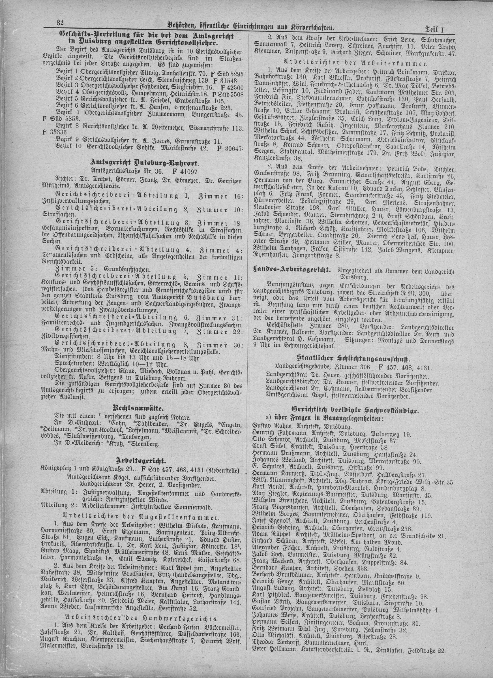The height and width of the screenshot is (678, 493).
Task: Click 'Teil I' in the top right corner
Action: tap(438, 29)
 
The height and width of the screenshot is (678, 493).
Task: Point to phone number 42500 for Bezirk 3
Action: tap(233, 88)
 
